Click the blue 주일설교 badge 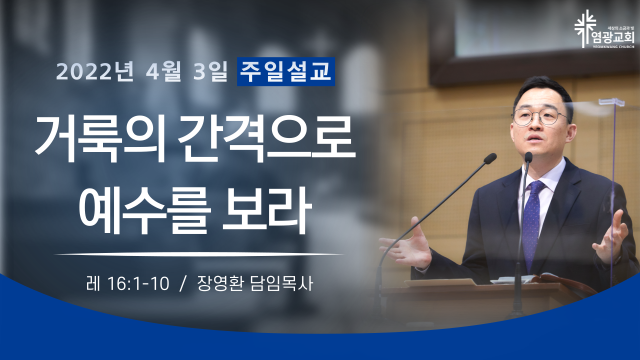(285, 71)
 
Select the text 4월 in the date (163, 72)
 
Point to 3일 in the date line (210, 72)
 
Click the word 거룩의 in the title (100, 138)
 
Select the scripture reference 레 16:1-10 (127, 284)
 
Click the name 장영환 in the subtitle (220, 284)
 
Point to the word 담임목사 (281, 284)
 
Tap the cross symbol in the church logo (585, 29)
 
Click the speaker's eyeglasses (539, 116)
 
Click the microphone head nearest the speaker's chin (528, 157)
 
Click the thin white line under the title (199, 253)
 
